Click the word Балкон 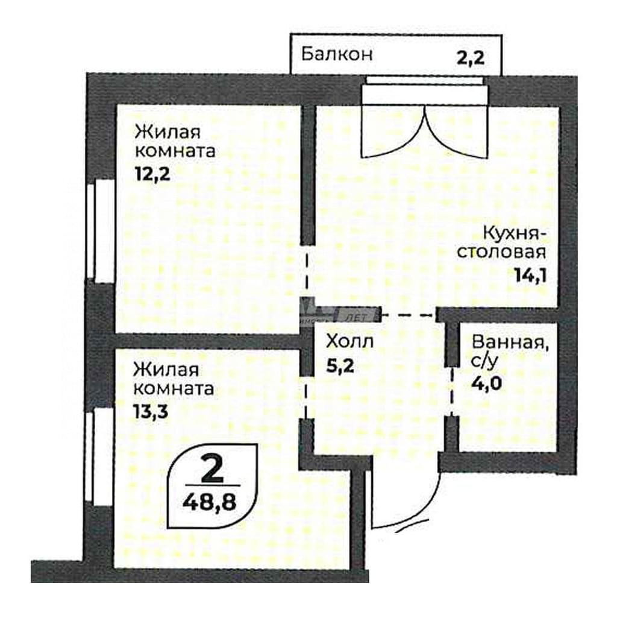pyautogui.click(x=336, y=54)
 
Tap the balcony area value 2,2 pyautogui.click(x=470, y=58)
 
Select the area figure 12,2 pyautogui.click(x=152, y=174)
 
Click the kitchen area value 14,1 pyautogui.click(x=530, y=275)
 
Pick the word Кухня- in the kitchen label pyautogui.click(x=515, y=233)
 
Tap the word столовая pyautogui.click(x=501, y=252)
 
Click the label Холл pyautogui.click(x=349, y=342)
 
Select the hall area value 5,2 pyautogui.click(x=340, y=366)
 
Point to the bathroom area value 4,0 pyautogui.click(x=487, y=382)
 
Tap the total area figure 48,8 pyautogui.click(x=210, y=502)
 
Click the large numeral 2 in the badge pyautogui.click(x=212, y=468)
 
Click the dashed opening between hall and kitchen pyautogui.click(x=409, y=315)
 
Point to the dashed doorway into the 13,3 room pyautogui.click(x=306, y=397)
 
